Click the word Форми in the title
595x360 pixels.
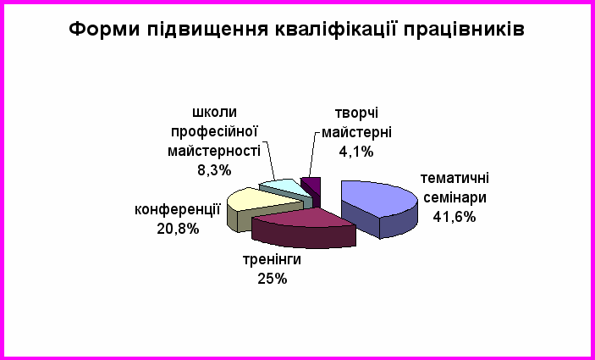104,30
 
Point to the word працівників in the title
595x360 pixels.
464,30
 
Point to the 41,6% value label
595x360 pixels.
455,217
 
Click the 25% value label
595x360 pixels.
273,280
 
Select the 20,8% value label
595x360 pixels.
178,229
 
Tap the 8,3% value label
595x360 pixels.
214,170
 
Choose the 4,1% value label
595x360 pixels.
356,152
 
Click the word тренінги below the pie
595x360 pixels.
272,261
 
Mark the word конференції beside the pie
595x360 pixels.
178,210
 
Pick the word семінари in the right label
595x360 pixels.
455,198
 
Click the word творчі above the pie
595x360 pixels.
356,114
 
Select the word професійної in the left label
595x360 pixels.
214,132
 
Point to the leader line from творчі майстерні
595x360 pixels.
313,154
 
